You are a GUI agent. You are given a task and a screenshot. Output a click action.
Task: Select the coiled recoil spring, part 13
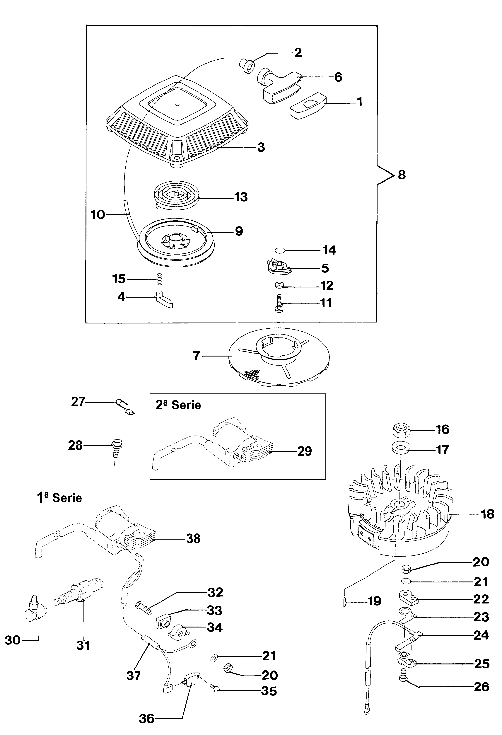pos(176,194)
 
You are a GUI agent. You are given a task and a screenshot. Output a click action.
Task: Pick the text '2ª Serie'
pos(178,405)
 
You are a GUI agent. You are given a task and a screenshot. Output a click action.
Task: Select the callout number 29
pos(304,451)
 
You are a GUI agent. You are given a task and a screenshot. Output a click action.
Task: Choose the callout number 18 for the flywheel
pos(487,514)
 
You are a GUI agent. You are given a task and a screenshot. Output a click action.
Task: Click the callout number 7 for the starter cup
pos(197,356)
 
